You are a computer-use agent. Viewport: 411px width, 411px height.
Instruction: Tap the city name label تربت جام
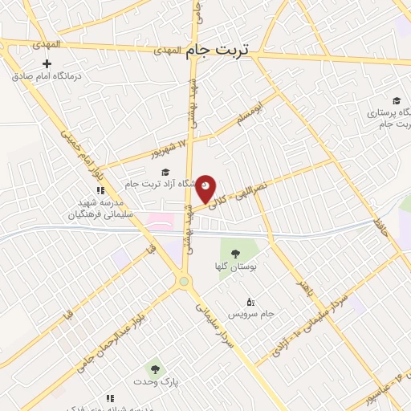217,50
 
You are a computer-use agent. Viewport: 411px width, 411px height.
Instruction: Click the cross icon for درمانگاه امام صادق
47,64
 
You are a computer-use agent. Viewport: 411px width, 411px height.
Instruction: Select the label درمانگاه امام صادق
47,78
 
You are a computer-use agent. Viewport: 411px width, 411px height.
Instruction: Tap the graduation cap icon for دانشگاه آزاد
166,172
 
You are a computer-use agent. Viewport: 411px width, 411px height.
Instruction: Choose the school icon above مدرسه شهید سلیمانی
100,191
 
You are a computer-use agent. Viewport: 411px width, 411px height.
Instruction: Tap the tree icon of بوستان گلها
234,254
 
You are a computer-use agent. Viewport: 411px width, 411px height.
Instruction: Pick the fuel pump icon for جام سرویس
250,301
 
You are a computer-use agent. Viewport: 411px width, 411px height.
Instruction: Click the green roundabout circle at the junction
184,281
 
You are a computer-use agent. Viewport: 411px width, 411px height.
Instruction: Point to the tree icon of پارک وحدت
155,369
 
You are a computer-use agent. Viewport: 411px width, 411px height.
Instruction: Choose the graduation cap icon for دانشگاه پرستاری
396,100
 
